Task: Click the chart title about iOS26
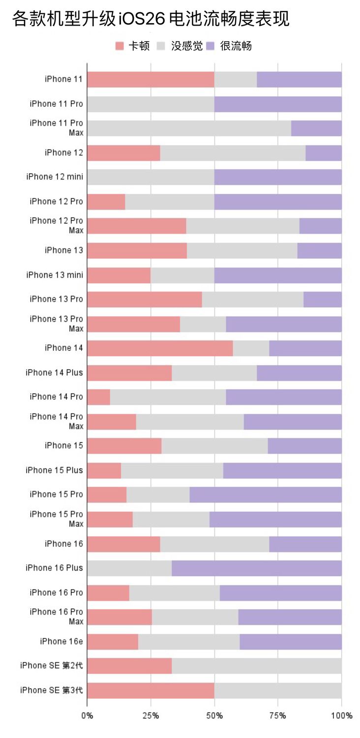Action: (150, 19)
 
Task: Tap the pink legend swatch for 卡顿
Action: (120, 46)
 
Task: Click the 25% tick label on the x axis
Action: (150, 715)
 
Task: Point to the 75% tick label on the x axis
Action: (277, 715)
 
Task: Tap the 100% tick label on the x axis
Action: (341, 715)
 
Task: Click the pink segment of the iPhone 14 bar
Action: (160, 348)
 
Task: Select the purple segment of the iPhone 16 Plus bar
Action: (256, 568)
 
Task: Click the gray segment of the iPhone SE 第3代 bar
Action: (278, 690)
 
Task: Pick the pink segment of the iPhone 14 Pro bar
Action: (98, 397)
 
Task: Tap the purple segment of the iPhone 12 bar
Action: (323, 153)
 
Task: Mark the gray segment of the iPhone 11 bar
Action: (236, 80)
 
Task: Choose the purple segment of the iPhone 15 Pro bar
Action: (265, 495)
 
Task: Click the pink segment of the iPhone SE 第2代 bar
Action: (129, 666)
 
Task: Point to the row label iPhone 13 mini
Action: (55, 275)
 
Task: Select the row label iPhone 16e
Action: (61, 642)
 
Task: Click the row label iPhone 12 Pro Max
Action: (56, 226)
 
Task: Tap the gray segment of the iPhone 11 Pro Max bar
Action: (189, 128)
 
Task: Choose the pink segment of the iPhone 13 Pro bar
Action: (144, 300)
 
